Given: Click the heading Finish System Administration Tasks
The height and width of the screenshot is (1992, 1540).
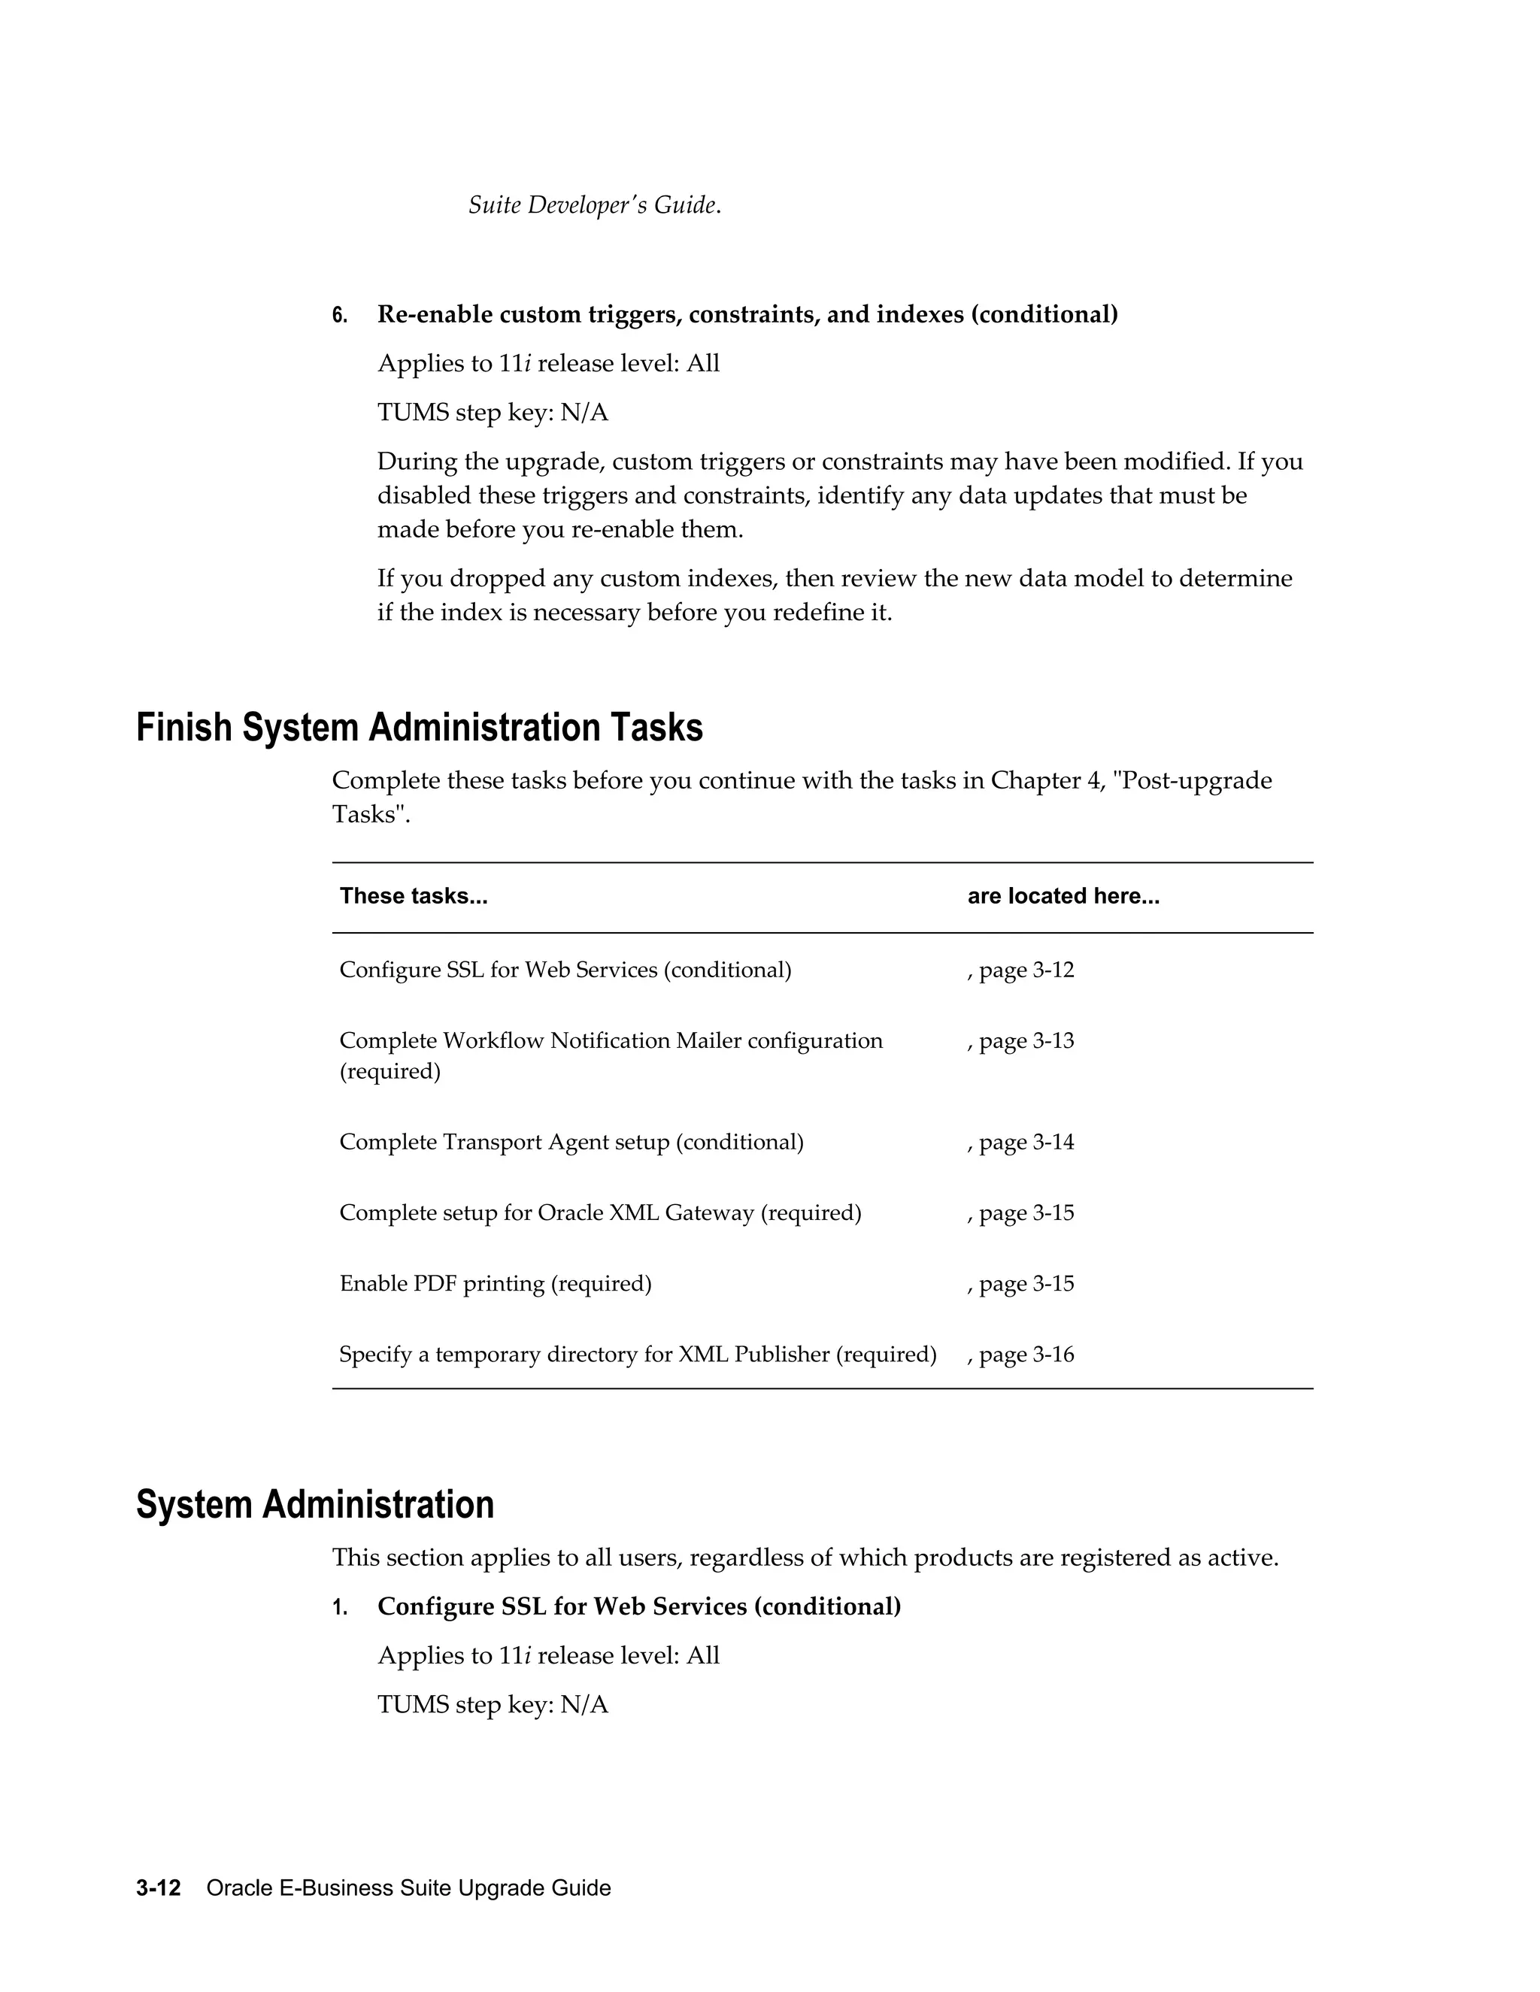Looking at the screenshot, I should [x=419, y=728].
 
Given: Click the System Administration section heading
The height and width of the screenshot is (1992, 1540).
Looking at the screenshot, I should [x=315, y=1504].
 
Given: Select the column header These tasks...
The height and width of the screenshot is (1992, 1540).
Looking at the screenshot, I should [x=414, y=897].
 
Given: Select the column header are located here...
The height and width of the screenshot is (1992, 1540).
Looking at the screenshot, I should [x=1063, y=897].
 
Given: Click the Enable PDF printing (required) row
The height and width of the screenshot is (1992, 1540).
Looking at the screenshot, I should [x=496, y=1284].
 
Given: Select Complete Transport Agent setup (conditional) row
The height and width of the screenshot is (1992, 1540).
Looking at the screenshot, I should [x=571, y=1142].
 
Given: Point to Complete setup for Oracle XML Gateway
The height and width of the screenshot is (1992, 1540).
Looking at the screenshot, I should [x=599, y=1213].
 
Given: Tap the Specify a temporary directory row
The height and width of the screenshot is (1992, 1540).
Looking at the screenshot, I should [x=637, y=1355].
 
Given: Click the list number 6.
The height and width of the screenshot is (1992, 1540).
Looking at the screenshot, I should [x=339, y=316].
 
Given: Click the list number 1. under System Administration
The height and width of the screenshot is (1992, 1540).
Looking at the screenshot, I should [x=339, y=1607].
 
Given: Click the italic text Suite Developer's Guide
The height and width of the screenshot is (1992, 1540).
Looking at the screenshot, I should [x=593, y=205].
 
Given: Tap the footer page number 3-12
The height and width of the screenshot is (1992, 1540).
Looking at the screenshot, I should [x=159, y=1888].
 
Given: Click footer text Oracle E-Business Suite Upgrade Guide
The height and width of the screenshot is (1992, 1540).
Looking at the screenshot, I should [x=409, y=1888].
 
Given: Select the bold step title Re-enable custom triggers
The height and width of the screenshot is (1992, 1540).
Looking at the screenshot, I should [x=747, y=315].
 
